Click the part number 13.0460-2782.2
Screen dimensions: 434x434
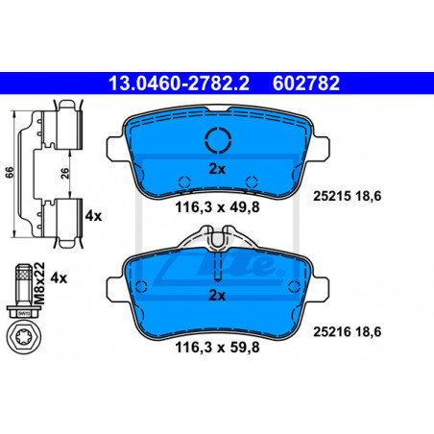tap(179, 84)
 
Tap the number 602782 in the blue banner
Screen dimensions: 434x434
tap(306, 84)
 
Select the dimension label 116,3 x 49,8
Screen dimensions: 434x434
tap(217, 207)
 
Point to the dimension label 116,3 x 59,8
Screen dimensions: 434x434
tap(217, 348)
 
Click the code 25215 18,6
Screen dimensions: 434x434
tap(348, 196)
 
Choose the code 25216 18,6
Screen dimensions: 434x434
tap(348, 332)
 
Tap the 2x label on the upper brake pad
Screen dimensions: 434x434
tap(217, 169)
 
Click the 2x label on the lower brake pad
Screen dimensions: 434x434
tap(217, 296)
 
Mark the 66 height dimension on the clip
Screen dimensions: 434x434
tap(10, 172)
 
